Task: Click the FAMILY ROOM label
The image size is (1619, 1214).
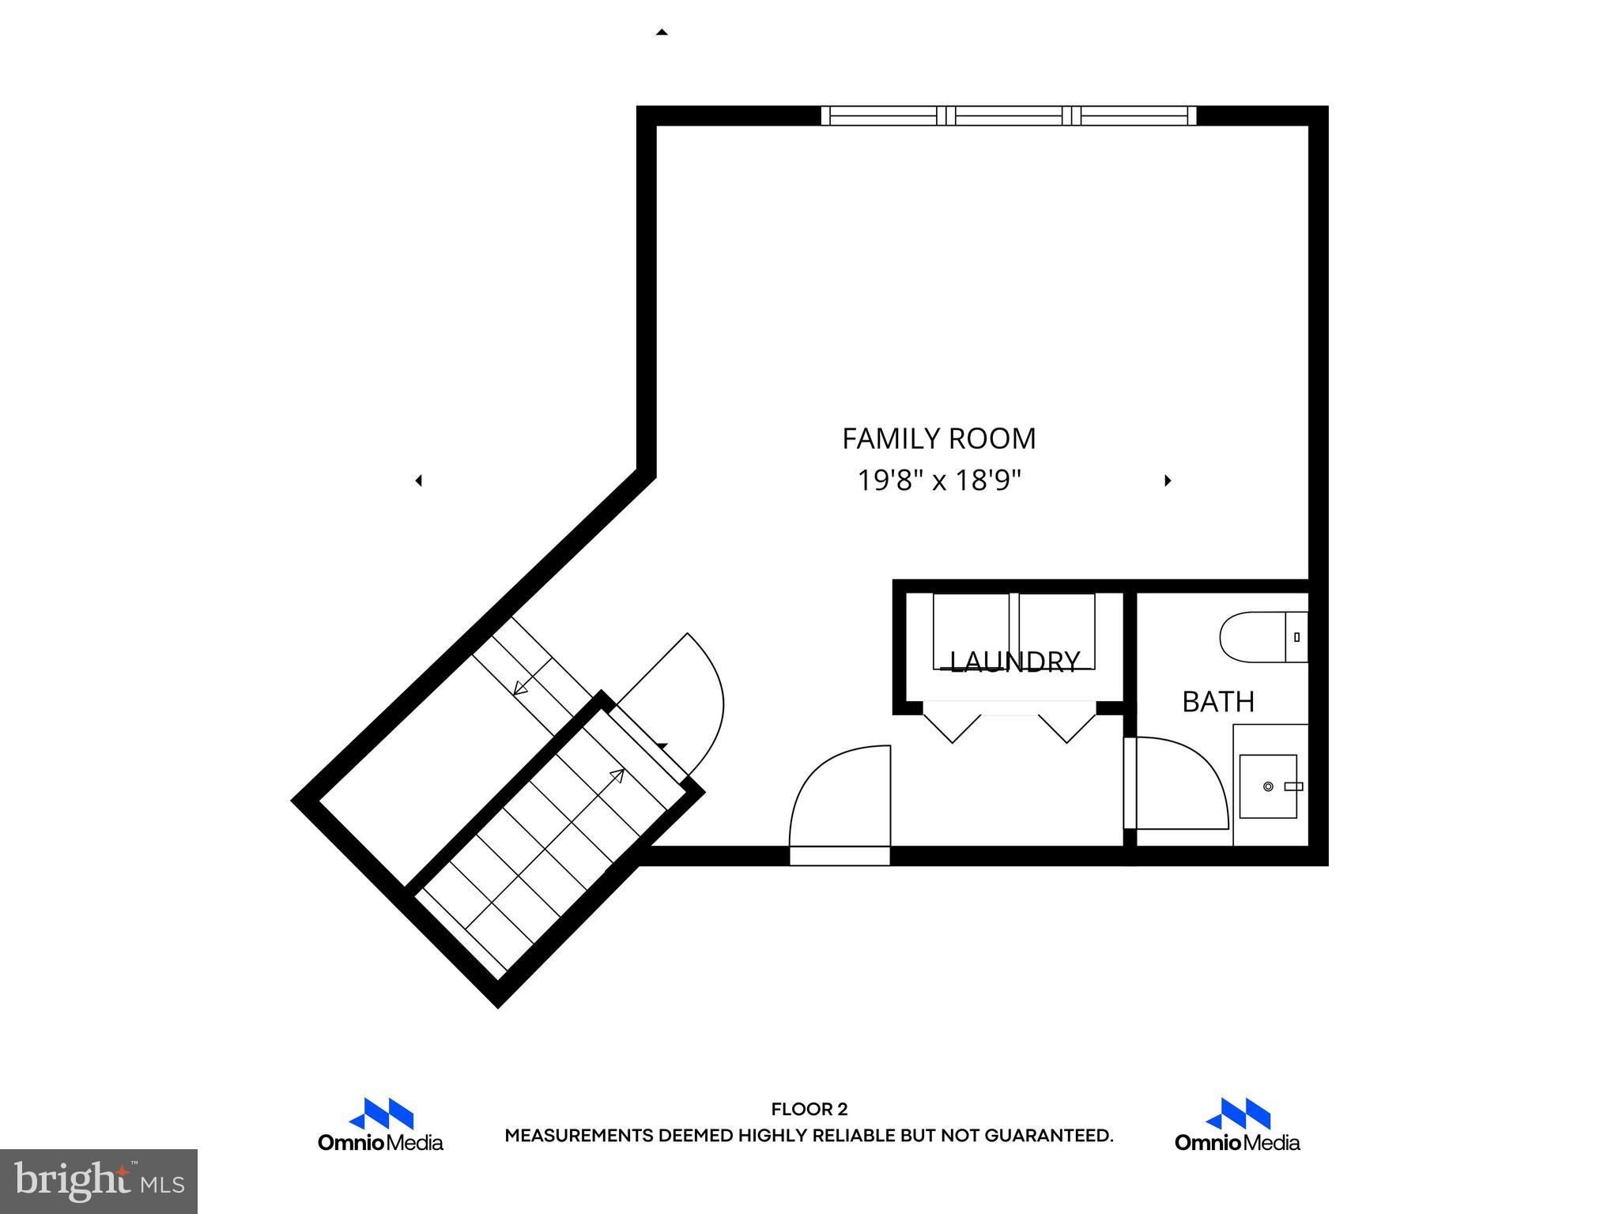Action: click(938, 439)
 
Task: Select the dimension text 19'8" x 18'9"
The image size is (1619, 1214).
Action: click(939, 481)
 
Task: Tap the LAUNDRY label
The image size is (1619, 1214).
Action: click(1014, 662)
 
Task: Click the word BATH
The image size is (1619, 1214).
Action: click(1218, 702)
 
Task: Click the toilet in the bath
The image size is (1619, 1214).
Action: click(1261, 637)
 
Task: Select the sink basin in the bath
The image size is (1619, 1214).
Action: click(1268, 786)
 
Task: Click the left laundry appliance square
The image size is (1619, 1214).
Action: click(971, 631)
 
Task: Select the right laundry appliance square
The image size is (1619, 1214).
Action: click(1057, 631)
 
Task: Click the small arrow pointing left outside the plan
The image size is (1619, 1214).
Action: click(419, 481)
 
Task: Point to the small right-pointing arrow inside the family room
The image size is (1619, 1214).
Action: click(1168, 481)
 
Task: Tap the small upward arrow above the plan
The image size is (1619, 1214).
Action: click(662, 32)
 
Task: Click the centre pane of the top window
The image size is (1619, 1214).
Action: click(1009, 116)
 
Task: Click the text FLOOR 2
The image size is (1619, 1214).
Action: click(809, 1110)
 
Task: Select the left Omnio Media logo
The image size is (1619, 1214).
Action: click(380, 1125)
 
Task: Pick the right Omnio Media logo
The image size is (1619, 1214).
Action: click(1237, 1125)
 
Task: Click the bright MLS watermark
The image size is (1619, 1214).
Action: click(99, 1181)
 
